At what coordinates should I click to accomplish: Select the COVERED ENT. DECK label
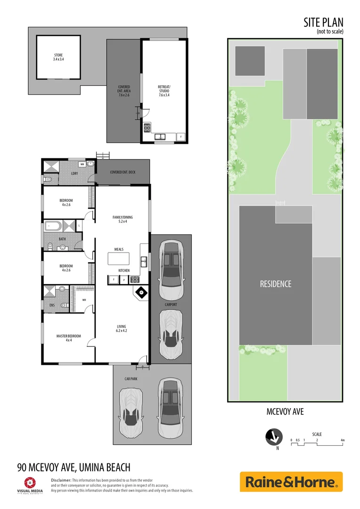123,172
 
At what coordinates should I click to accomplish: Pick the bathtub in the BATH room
53,226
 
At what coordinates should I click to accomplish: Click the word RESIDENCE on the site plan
276,284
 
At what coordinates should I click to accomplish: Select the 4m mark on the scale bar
343,440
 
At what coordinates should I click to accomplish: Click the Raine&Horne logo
291,482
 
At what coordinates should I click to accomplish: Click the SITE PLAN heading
324,22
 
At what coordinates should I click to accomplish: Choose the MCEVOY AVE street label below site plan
285,412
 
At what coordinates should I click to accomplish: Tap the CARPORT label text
171,305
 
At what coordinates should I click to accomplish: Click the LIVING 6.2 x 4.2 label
122,328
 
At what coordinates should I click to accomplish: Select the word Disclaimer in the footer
61,480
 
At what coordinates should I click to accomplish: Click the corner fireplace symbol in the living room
141,292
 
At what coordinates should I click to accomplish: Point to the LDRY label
74,173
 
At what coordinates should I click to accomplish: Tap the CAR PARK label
131,378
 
